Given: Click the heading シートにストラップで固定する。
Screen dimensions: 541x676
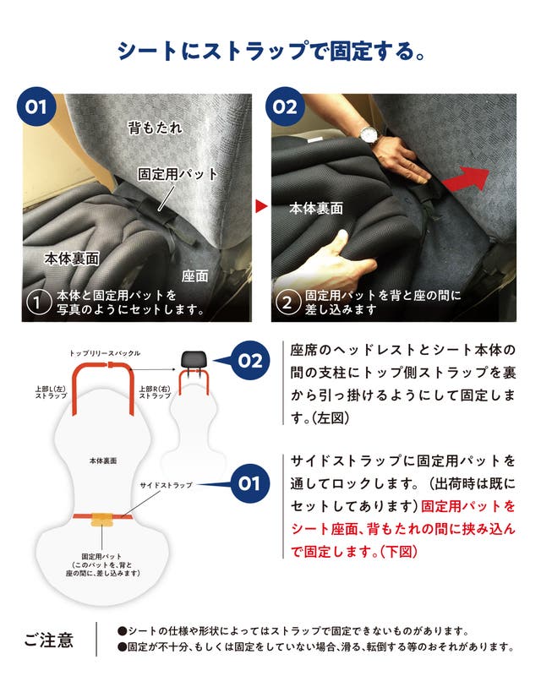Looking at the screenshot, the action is (x=271, y=51).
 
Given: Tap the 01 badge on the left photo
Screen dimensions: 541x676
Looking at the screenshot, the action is (x=36, y=106).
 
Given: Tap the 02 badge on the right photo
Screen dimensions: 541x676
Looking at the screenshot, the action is (x=285, y=106).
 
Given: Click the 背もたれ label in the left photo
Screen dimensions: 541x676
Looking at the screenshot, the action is (x=155, y=128).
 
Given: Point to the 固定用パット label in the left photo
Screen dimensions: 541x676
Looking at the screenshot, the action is (x=178, y=174).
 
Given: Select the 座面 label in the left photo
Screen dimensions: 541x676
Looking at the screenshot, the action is (x=195, y=276).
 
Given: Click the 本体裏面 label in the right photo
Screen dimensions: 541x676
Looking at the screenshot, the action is (x=316, y=209).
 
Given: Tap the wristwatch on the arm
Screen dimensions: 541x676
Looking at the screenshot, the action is (x=369, y=135).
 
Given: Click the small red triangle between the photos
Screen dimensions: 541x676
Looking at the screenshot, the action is (x=261, y=206).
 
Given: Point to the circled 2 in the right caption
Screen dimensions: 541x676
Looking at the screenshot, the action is (x=287, y=303).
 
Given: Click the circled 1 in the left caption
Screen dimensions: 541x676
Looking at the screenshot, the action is (x=39, y=303).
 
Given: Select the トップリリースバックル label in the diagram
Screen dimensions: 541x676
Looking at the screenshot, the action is (x=105, y=353).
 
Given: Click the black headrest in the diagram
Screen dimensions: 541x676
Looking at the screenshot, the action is (x=194, y=358).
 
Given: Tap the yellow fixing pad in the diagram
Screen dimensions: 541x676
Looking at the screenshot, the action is (x=102, y=520).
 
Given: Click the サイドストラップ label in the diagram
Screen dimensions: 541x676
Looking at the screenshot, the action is (x=166, y=485).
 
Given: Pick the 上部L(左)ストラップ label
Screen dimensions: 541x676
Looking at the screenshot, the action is (x=51, y=392).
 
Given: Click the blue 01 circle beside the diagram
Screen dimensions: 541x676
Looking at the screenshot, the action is (x=249, y=483).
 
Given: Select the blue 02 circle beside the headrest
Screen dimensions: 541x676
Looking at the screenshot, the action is (x=250, y=361).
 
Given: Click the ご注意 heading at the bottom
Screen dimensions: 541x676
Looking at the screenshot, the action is (x=49, y=641).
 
